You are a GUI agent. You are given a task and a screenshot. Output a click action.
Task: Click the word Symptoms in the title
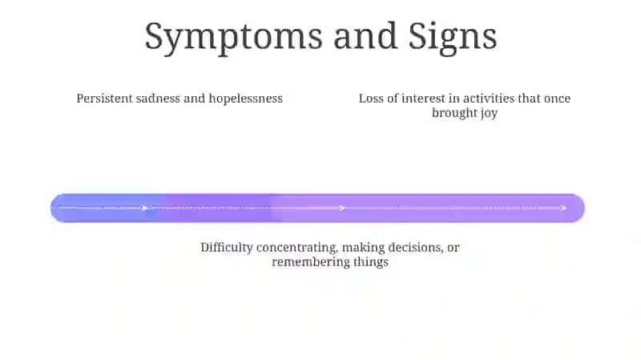[x=233, y=38]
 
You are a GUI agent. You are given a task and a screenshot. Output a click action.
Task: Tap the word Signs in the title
[x=453, y=38]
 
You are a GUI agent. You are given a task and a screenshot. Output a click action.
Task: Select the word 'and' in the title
[x=365, y=36]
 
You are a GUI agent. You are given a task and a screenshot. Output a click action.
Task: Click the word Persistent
[x=104, y=99]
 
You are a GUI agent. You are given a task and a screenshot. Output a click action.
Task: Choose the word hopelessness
[x=246, y=99]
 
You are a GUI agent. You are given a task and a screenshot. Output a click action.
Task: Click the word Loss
[x=371, y=99]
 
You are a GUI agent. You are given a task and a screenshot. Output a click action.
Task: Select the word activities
[x=489, y=99]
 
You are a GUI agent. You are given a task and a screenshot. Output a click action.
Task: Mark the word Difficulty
[x=227, y=248]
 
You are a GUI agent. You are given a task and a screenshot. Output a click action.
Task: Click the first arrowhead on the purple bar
[x=145, y=208]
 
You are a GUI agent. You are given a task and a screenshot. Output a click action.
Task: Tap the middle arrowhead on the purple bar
[x=343, y=208]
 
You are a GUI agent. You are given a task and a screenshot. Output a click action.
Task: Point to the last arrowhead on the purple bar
[x=563, y=208]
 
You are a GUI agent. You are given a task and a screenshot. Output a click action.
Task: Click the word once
[x=557, y=99]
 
